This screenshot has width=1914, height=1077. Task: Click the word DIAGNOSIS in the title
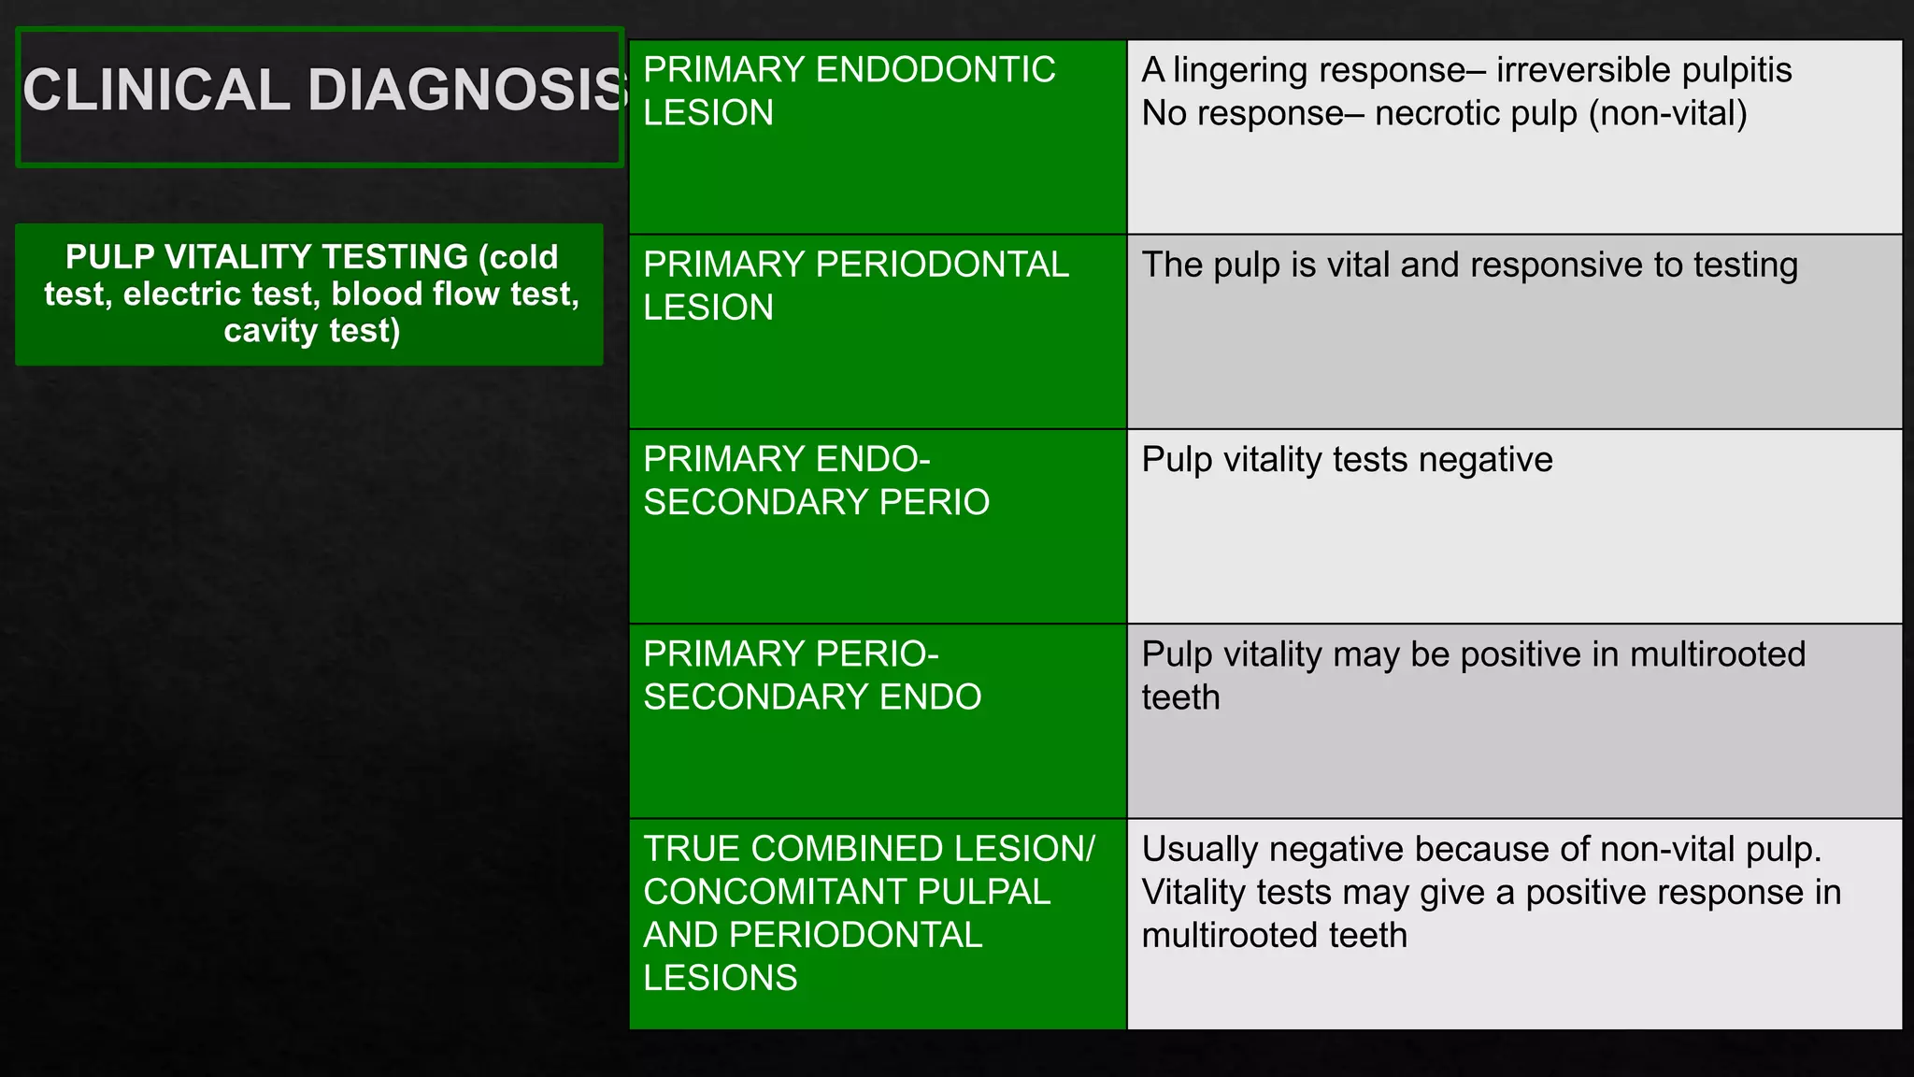coord(467,91)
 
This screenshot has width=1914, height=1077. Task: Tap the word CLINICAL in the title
coord(156,91)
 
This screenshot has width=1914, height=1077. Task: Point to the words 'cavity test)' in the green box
coord(311,330)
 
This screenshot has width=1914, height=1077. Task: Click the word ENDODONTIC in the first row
coord(936,70)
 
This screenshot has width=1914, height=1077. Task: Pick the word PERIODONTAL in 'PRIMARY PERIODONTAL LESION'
coord(942,265)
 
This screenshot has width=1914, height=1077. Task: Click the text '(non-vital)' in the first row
coord(1673,113)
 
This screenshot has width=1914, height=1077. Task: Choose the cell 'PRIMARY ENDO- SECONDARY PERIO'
coord(877,526)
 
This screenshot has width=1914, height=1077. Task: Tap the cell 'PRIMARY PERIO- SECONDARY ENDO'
coord(877,721)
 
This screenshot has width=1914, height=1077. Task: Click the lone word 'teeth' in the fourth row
coord(1180,697)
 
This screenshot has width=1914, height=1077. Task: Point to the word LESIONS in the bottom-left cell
coord(720,978)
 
